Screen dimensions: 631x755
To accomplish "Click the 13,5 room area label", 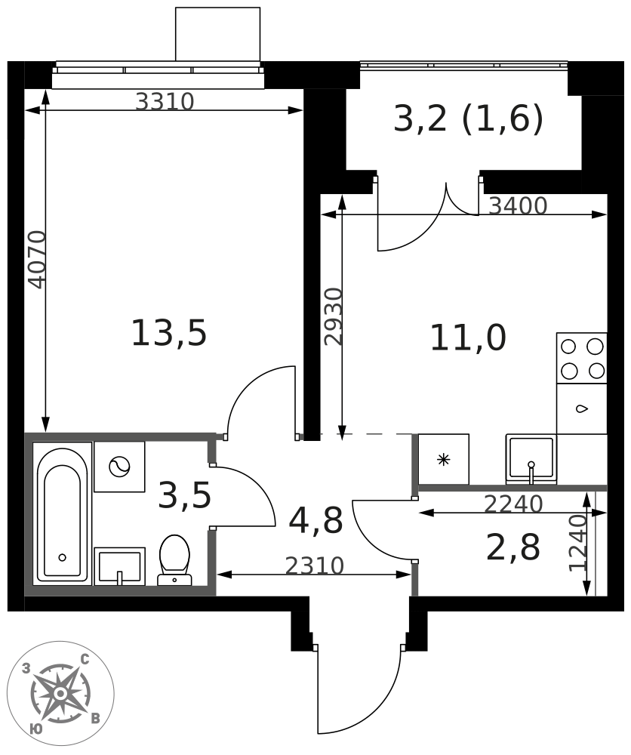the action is point(169,333).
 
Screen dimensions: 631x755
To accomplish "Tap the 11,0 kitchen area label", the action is point(468,338).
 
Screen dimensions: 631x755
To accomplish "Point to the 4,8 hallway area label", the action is point(315,521).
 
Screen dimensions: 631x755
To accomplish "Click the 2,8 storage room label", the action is point(513,547).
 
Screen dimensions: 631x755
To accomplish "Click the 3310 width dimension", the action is point(165,102).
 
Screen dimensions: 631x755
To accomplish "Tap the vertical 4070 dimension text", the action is point(37,260).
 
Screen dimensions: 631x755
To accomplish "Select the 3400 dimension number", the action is point(519,206).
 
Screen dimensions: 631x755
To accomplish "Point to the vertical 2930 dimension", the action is point(333,316).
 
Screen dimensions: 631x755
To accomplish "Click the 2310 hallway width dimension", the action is point(315,565).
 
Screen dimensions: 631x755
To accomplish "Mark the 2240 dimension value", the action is point(513,504).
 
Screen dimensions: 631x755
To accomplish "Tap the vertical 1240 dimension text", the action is point(578,544).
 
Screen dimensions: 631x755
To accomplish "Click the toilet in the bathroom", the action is point(174,560).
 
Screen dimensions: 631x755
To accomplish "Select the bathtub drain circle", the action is point(62,558).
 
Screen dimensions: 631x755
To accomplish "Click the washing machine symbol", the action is point(119,467).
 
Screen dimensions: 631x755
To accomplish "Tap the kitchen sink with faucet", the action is point(531,459).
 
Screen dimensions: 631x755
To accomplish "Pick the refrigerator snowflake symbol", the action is point(443,460).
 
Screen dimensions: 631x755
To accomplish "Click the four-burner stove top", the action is point(582,358).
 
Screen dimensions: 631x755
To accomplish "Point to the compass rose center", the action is point(60,693).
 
